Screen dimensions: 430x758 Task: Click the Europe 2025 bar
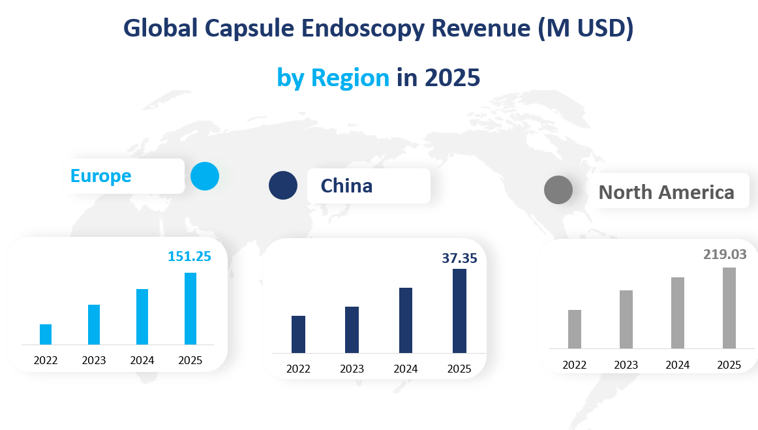pos(190,308)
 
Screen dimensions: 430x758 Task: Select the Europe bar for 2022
pos(46,334)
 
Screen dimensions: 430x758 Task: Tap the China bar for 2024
pos(405,320)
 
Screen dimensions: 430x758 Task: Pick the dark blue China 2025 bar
pos(459,311)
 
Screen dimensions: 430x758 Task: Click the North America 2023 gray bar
pos(626,319)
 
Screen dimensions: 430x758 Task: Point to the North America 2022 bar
pos(575,329)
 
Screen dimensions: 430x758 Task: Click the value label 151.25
pos(189,256)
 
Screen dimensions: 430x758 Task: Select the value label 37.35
pos(459,258)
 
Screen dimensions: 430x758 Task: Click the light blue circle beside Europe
pos(205,176)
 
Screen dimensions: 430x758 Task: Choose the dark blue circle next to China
pos(283,185)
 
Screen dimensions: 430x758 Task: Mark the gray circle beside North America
pos(558,190)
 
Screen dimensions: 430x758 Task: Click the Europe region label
pos(101,176)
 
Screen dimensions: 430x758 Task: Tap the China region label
pos(346,186)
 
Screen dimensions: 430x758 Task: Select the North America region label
pos(666,192)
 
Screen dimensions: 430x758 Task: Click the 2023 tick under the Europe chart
pos(94,360)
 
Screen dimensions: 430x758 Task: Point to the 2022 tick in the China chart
pos(298,369)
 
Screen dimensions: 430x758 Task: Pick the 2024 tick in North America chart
pos(678,365)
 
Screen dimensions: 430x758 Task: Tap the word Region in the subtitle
pos(350,78)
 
